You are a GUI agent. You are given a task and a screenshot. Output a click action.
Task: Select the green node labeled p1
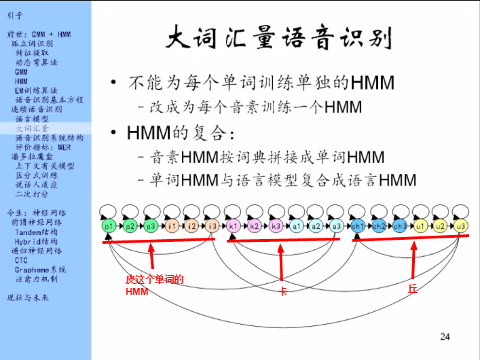(109, 226)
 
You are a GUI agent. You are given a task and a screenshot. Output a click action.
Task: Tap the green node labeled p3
(151, 226)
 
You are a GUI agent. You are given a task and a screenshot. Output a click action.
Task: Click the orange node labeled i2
(192, 226)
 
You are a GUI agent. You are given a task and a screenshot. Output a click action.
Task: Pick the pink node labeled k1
(234, 226)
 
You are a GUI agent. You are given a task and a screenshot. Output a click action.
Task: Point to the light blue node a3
(337, 226)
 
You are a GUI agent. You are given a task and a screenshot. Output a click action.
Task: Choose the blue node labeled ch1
(358, 226)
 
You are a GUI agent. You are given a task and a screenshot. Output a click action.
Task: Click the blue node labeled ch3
(399, 226)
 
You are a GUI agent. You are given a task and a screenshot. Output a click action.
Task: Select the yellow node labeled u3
(462, 226)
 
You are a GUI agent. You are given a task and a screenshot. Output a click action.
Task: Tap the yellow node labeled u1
(420, 226)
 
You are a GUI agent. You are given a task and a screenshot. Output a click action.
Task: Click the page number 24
(445, 336)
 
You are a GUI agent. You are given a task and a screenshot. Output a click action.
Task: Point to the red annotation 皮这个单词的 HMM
(154, 285)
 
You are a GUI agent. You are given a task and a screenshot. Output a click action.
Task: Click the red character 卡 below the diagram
(284, 291)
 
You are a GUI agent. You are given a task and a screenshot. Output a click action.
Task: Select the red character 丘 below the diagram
(412, 289)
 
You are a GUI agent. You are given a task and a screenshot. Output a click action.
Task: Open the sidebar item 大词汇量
(32, 128)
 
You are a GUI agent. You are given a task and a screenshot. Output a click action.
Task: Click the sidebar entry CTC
(21, 260)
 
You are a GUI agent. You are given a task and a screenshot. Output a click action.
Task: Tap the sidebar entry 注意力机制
(36, 278)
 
